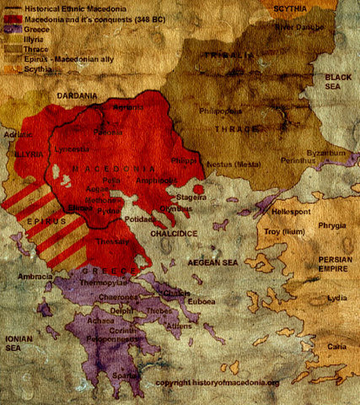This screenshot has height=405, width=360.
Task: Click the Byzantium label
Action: point(325,152)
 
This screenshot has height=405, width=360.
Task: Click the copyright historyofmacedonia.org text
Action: point(217,381)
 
